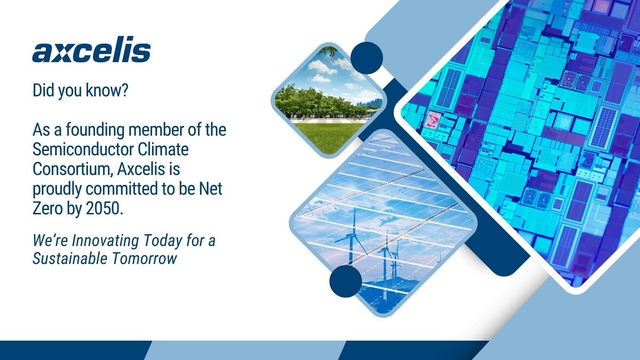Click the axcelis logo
tap(91, 52)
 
